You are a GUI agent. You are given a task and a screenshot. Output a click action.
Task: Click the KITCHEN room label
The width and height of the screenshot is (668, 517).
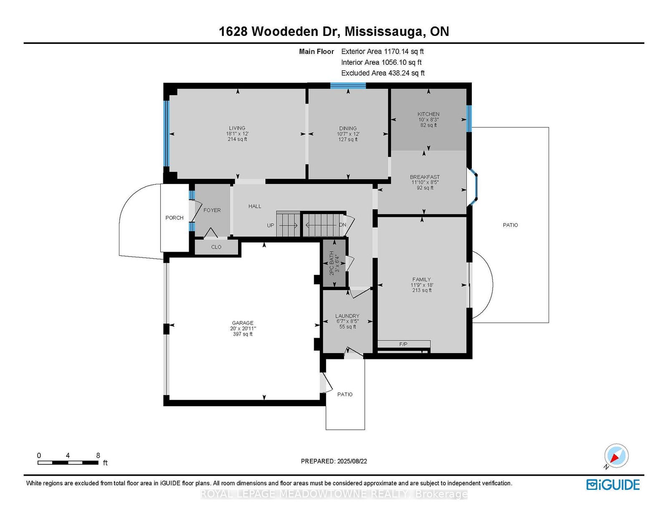click(x=428, y=114)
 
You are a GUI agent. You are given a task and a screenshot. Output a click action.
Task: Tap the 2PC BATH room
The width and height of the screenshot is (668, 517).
click(x=334, y=263)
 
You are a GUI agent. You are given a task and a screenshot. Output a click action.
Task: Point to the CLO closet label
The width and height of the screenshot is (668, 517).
click(x=216, y=247)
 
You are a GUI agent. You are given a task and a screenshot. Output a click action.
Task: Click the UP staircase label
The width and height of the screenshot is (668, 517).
click(x=271, y=225)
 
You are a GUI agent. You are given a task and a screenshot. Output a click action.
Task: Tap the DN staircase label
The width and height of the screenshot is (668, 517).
click(x=342, y=225)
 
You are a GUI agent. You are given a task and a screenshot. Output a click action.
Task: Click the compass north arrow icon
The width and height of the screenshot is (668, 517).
click(x=616, y=456)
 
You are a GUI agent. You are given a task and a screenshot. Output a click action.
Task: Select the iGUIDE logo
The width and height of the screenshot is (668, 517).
click(x=613, y=485)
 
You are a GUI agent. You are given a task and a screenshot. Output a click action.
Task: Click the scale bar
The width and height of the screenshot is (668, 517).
click(x=68, y=463)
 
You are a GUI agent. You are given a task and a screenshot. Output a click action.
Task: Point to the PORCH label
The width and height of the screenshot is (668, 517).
click(x=174, y=218)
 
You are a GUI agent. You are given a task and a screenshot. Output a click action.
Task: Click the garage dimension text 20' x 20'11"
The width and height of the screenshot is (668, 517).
click(x=243, y=329)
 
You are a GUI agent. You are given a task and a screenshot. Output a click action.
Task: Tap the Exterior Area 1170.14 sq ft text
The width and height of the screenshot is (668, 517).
click(x=382, y=51)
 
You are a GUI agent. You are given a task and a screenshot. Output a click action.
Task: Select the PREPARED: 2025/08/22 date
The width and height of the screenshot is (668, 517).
click(x=334, y=461)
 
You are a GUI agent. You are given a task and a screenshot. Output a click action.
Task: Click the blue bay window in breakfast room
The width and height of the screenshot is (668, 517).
click(x=473, y=187)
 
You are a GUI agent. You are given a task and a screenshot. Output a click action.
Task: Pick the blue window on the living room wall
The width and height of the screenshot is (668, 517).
click(x=166, y=133)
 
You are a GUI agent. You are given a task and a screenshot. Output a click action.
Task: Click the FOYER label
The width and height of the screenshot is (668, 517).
click(x=212, y=210)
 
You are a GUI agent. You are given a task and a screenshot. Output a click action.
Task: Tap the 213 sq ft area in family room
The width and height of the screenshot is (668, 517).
click(x=422, y=290)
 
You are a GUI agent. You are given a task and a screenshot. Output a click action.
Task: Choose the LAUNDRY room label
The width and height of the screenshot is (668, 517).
click(x=347, y=316)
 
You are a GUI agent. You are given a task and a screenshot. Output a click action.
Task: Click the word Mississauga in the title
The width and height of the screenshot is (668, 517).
click(x=383, y=32)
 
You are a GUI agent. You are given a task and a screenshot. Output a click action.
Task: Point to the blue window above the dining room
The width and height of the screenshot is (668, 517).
click(x=348, y=86)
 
